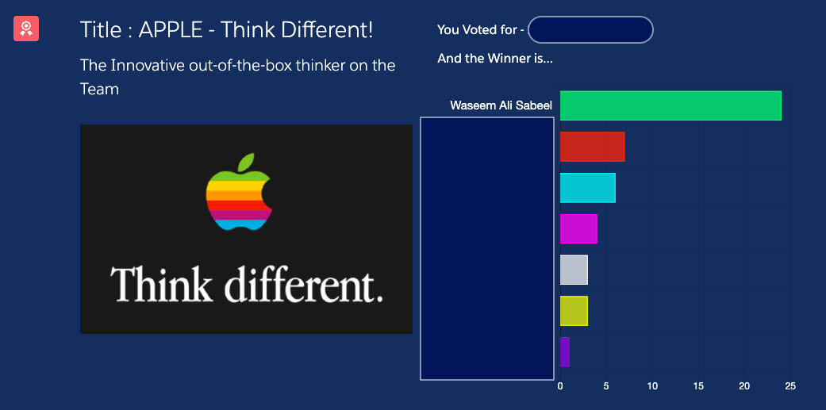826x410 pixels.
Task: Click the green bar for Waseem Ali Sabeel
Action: tap(670, 105)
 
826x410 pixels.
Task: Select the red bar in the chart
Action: tap(592, 147)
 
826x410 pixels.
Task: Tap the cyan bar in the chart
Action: tap(587, 188)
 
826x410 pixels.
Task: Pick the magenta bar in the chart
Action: tap(578, 229)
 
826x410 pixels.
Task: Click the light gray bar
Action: tap(574, 270)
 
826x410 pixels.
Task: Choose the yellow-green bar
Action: tap(574, 311)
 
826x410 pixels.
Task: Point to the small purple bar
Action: tap(565, 352)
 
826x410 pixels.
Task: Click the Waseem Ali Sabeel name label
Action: tap(501, 105)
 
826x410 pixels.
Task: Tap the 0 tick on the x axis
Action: tap(560, 386)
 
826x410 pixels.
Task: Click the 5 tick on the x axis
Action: tap(605, 386)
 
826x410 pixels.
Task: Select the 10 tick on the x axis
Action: tap(652, 386)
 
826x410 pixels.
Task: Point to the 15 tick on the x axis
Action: tap(698, 386)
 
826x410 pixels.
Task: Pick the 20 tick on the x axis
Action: tap(744, 386)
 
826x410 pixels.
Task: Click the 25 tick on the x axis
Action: tap(790, 386)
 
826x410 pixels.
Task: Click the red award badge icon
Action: tap(26, 29)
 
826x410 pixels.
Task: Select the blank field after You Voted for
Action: tap(590, 29)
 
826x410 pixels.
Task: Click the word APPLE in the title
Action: tap(171, 30)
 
